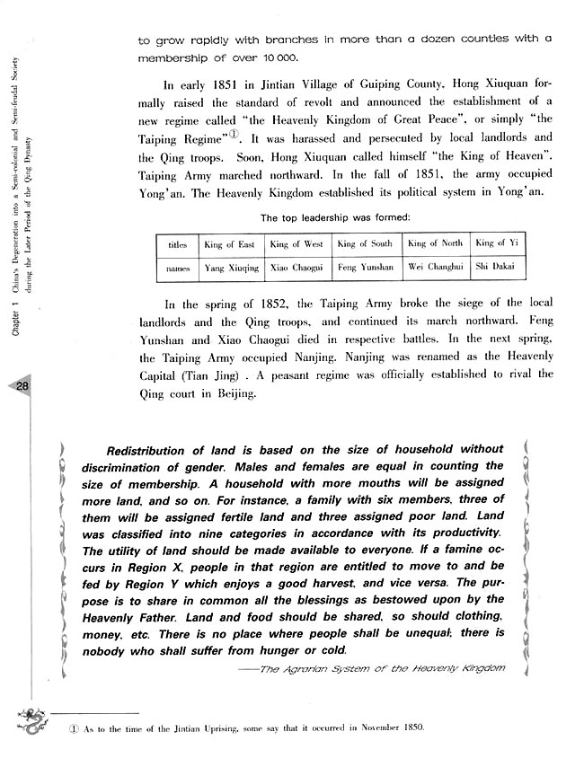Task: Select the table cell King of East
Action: [229, 244]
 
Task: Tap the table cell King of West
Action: [296, 243]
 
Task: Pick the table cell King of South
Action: [364, 243]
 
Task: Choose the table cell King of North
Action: [435, 243]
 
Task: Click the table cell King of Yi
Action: [497, 243]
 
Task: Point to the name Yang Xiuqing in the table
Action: [229, 268]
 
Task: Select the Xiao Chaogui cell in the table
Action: [296, 268]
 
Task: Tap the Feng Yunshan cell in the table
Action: [364, 268]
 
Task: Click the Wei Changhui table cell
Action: [435, 268]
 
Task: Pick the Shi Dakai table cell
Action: [497, 268]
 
